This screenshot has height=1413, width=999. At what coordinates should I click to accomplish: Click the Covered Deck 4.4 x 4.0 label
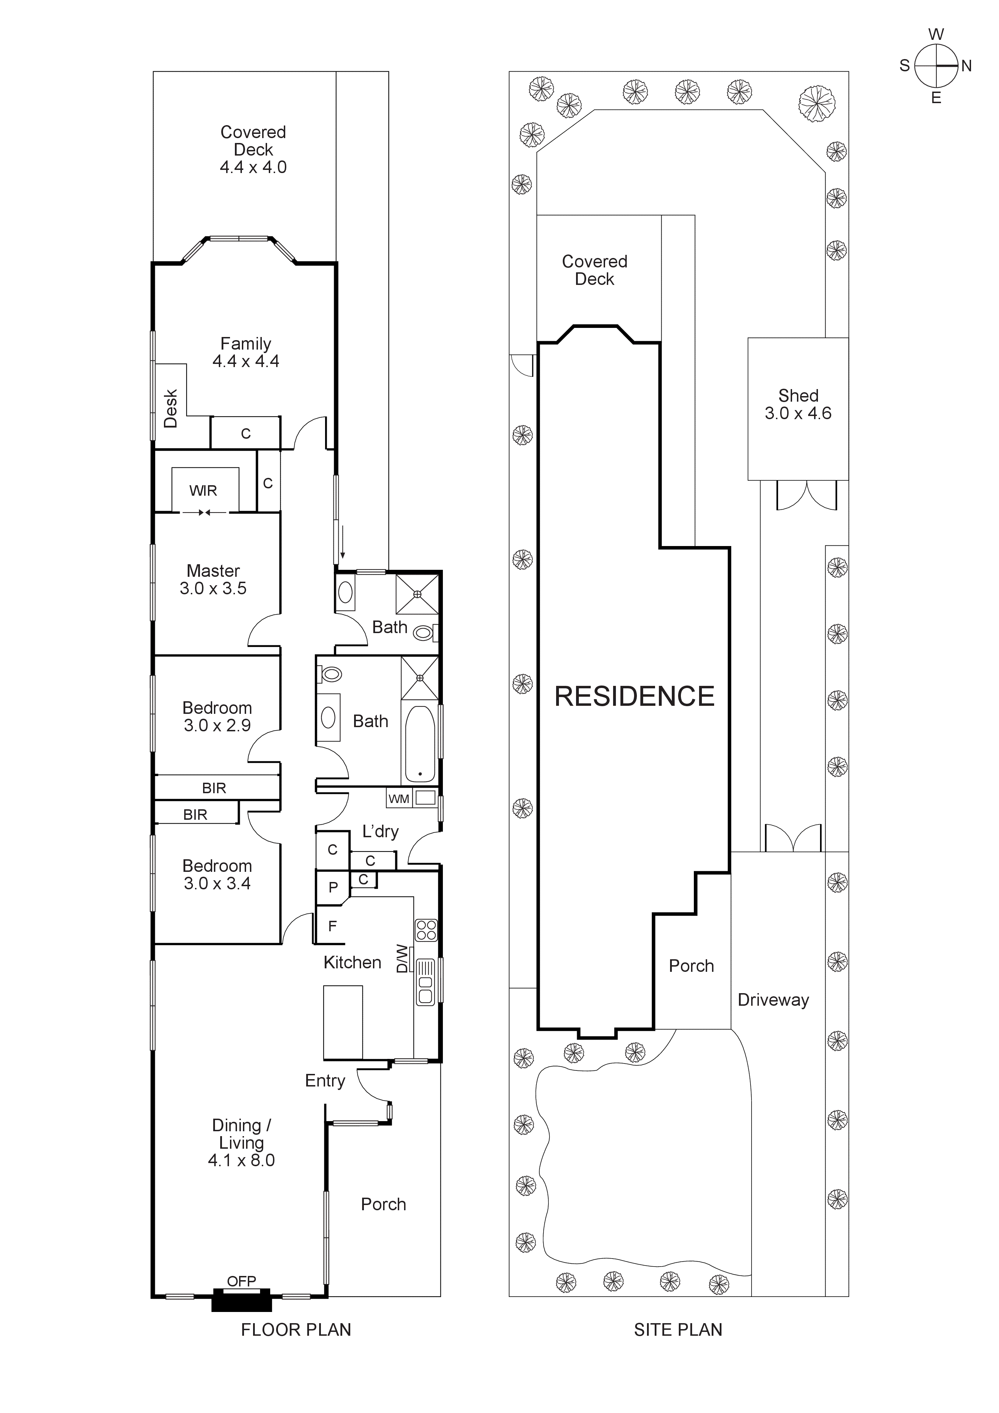pyautogui.click(x=253, y=150)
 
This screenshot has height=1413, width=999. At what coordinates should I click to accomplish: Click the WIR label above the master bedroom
pyautogui.click(x=203, y=490)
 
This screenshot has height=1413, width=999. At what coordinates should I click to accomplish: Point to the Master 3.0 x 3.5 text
pyautogui.click(x=213, y=579)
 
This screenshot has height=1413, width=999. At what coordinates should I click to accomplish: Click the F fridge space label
pyautogui.click(x=332, y=926)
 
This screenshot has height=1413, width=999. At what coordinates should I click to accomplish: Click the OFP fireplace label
pyautogui.click(x=241, y=1281)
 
